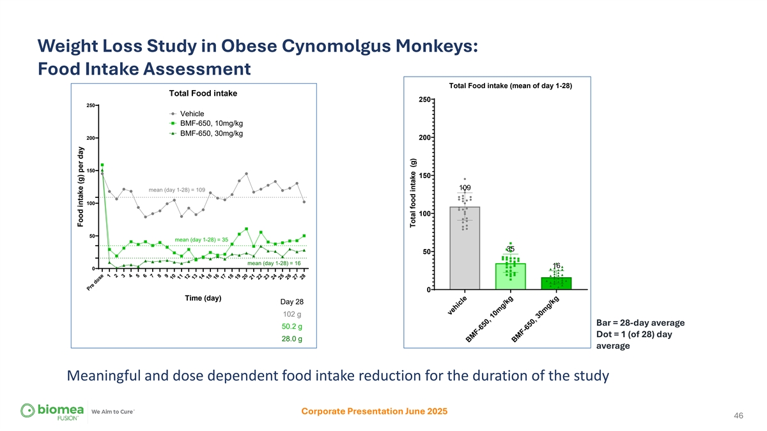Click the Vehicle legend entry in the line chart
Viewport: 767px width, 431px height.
(192, 114)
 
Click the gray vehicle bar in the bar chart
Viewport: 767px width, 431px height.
(465, 255)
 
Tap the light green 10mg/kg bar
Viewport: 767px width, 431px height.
(510, 277)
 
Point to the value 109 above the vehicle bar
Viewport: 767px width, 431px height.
(465, 186)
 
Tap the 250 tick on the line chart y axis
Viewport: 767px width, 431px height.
(91, 105)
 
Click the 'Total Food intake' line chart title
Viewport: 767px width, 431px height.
(203, 93)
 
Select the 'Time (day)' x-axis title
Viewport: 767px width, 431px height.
(203, 299)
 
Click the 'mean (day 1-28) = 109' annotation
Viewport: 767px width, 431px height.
(176, 190)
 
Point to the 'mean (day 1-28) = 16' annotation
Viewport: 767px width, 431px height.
(274, 262)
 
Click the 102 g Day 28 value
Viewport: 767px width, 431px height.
(291, 314)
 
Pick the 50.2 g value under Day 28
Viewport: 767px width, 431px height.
(291, 326)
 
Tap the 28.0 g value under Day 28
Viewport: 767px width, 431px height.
(291, 338)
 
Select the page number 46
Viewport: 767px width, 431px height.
(738, 416)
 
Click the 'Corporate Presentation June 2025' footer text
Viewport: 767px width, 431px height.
(374, 411)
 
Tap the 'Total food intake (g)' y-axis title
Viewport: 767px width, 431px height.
(414, 193)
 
